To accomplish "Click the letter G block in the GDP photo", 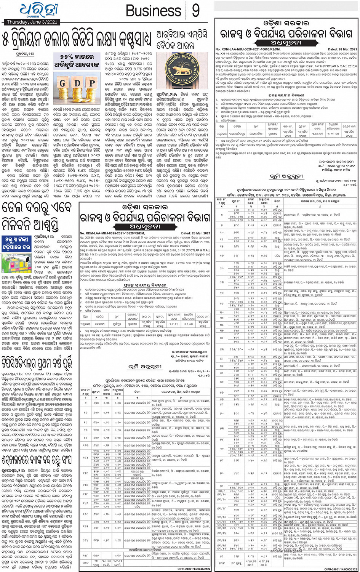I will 62,83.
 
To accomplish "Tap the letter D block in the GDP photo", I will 77,83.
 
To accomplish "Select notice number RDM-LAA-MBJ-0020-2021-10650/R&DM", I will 248,49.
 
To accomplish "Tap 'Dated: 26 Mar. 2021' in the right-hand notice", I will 342,49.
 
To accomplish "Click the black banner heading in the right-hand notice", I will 286,43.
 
